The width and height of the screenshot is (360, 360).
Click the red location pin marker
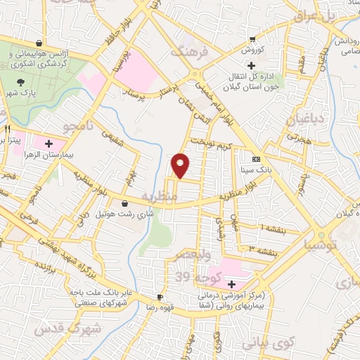[x=181, y=165]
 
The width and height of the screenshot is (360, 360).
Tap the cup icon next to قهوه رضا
[x=160, y=297]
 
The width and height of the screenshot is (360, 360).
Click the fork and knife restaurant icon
[x=7, y=129]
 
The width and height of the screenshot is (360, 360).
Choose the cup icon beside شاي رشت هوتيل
[x=124, y=203]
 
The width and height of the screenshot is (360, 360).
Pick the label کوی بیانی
[x=263, y=345]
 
